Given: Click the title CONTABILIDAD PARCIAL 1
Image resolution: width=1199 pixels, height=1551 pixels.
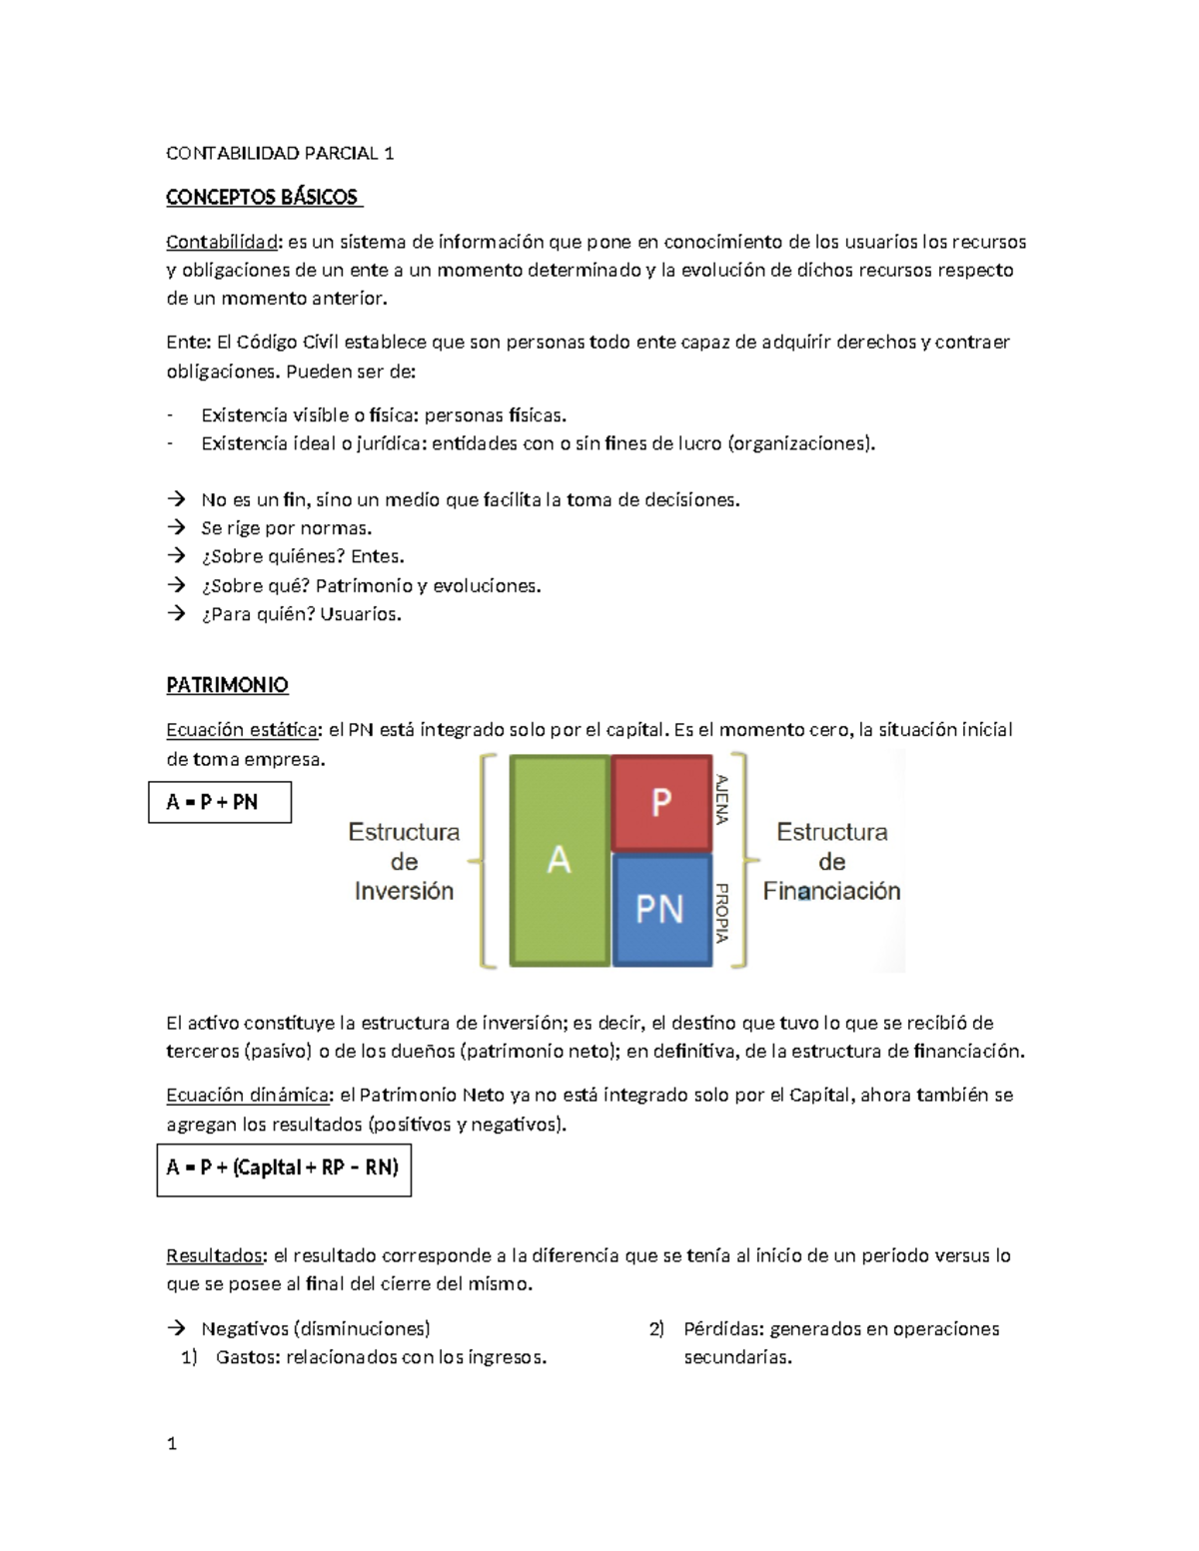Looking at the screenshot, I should coord(280,153).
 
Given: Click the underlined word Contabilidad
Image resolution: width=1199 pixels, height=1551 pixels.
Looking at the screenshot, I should coord(222,242).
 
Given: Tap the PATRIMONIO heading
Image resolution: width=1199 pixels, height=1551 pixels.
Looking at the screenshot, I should coord(227,685).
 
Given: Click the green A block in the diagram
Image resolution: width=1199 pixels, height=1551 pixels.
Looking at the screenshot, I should coord(560,860).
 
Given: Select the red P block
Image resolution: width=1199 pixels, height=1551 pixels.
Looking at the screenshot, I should coord(660,802).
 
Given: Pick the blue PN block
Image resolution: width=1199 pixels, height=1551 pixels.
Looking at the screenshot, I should coord(660,909).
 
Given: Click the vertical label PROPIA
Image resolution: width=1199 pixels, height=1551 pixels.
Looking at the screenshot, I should coord(722,913).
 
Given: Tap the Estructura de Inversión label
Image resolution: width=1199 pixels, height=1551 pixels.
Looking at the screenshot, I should coord(404,861).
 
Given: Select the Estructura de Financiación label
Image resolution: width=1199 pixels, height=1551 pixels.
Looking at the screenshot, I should coord(831,861).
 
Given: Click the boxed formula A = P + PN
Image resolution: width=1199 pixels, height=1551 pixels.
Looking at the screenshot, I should coord(219,802).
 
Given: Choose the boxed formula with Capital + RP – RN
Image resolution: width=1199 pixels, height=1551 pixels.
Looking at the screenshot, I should coord(283,1167).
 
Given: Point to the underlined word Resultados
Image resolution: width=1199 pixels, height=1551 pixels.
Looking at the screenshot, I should coord(216,1255).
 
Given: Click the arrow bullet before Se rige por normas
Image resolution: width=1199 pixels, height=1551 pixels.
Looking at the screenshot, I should coord(177,527).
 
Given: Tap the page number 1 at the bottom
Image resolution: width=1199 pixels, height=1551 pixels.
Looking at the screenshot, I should coord(172,1443).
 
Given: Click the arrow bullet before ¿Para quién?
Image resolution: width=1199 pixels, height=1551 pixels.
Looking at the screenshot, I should coord(177,614).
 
